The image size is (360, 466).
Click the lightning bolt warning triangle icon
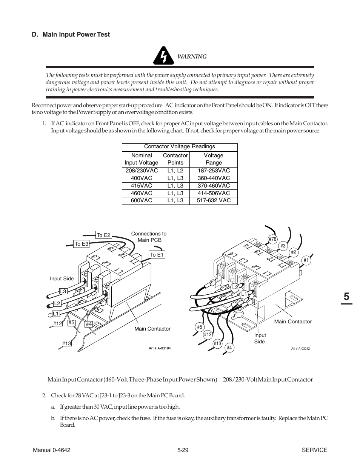[163, 56]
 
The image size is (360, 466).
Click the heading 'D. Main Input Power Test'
[71, 34]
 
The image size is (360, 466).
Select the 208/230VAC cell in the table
[142, 171]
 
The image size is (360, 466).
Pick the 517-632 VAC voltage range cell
[214, 200]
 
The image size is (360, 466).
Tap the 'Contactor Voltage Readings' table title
[180, 147]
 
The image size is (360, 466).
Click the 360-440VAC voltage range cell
[214, 178]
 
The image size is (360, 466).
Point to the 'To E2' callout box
[103, 235]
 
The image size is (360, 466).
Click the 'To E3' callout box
[81, 244]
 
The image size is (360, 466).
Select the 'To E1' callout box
[157, 255]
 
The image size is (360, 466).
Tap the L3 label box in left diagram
[63, 291]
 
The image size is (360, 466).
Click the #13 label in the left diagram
[67, 343]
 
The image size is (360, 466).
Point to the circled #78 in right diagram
[272, 239]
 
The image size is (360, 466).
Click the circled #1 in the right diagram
[306, 260]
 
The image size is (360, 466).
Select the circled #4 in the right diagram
[229, 348]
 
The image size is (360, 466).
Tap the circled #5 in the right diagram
[200, 327]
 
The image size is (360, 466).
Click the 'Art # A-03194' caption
[160, 348]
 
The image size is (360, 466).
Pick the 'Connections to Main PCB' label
[149, 237]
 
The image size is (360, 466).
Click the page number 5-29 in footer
[182, 450]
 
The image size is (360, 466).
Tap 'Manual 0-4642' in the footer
[52, 450]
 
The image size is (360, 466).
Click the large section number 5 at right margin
[346, 297]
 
